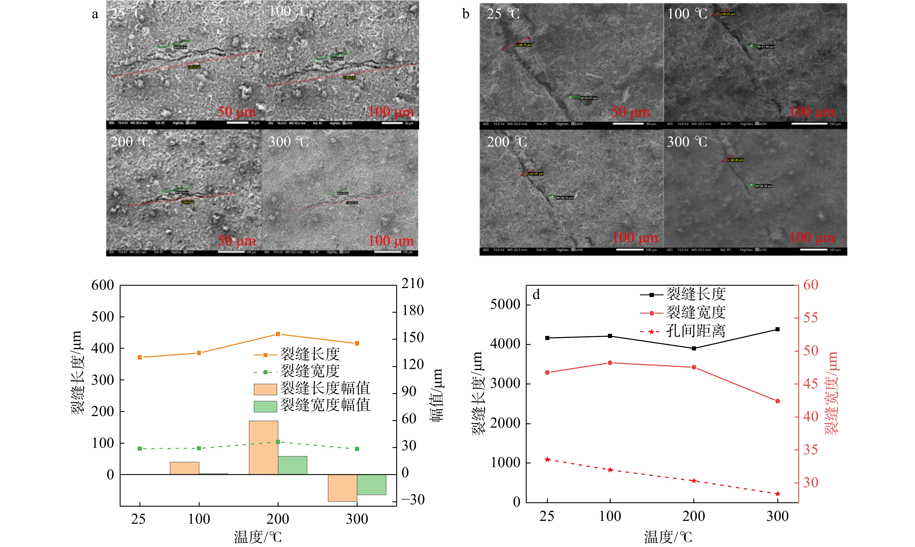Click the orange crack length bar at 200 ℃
pyautogui.click(x=263, y=447)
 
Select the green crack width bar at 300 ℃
pyautogui.click(x=371, y=484)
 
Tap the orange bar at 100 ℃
pyautogui.click(x=184, y=468)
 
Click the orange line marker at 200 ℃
pyautogui.click(x=278, y=334)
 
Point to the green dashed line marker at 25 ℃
pyautogui.click(x=140, y=449)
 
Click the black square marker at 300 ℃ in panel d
pyautogui.click(x=778, y=329)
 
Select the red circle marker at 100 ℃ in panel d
pyautogui.click(x=610, y=363)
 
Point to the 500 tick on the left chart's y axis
pyautogui.click(x=103, y=317)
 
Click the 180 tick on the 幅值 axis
pyautogui.click(x=412, y=311)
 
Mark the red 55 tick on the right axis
pyautogui.click(x=810, y=318)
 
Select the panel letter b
pyautogui.click(x=466, y=14)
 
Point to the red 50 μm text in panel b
pyautogui.click(x=630, y=112)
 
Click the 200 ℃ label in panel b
pyautogui.click(x=507, y=142)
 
